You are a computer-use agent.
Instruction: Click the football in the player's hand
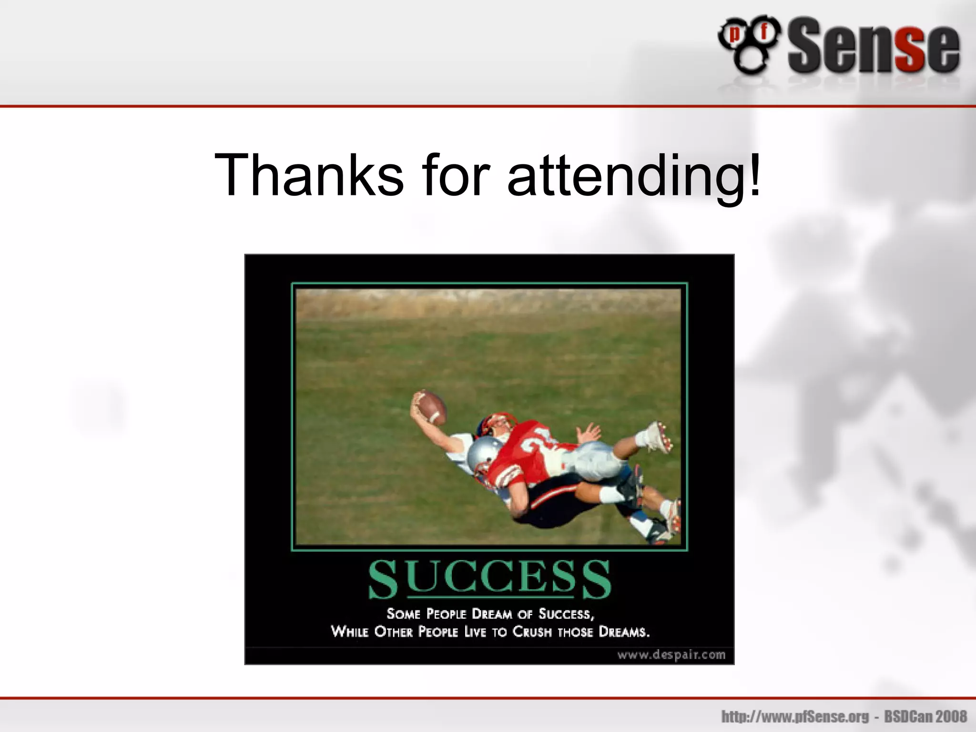coord(430,407)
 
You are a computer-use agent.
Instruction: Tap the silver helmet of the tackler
coord(484,452)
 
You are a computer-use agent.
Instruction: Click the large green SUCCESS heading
coord(489,579)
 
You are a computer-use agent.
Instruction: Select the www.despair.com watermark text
coord(671,655)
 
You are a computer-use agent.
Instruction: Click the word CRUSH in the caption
coord(532,632)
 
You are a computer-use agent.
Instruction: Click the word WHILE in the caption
coord(350,632)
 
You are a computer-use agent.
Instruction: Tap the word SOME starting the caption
coord(403,613)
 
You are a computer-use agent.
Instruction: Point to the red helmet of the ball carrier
coord(498,422)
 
